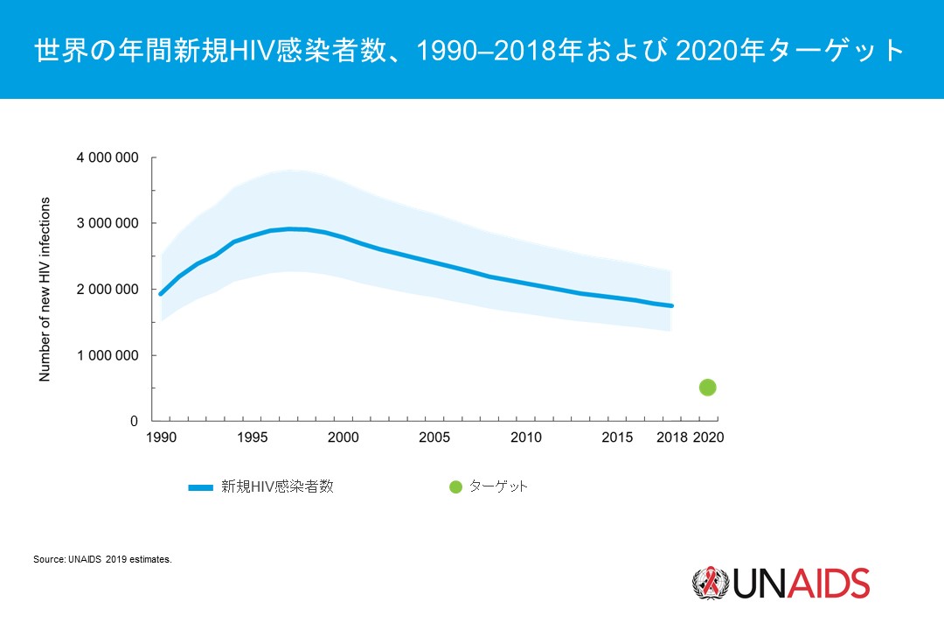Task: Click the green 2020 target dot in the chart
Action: [x=708, y=388]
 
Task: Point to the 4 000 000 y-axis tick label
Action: [x=105, y=158]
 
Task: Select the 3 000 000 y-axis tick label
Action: [x=105, y=224]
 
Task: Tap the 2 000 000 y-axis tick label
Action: [x=105, y=290]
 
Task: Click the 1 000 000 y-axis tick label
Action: [x=105, y=355]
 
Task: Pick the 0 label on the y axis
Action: [x=134, y=421]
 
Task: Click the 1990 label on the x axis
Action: [x=159, y=437]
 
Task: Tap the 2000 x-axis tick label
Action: [x=343, y=437]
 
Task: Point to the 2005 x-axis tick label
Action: [x=434, y=437]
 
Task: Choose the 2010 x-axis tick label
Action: [x=525, y=437]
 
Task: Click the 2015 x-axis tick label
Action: [x=617, y=437]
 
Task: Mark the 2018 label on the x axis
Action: [x=671, y=437]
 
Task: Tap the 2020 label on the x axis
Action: [x=708, y=437]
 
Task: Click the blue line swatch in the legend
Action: [x=200, y=487]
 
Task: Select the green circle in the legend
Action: [x=455, y=487]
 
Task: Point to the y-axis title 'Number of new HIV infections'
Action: [x=45, y=290]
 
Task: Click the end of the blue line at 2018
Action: [x=671, y=305]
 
